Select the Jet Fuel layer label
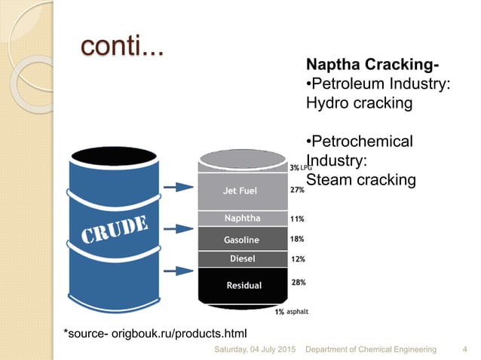[240, 191]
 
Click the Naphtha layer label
[242, 218]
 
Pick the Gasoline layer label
[241, 239]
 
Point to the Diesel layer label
[242, 258]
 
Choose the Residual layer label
[244, 285]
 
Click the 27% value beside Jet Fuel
[297, 191]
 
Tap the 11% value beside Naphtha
[297, 219]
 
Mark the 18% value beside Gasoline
[297, 239]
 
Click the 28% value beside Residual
[299, 282]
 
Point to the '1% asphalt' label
[291, 311]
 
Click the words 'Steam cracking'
[361, 180]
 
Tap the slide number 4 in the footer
[462, 349]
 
